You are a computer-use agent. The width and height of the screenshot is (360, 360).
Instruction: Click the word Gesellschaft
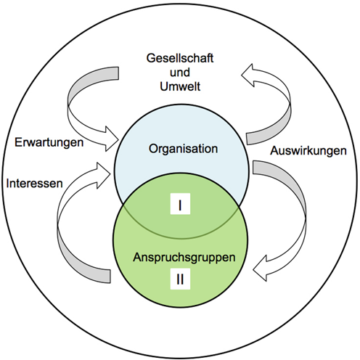180,58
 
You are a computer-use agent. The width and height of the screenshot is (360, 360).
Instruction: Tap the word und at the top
180,73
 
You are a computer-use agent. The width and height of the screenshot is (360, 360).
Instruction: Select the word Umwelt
180,86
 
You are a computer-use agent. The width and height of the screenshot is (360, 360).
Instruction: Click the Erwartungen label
49,142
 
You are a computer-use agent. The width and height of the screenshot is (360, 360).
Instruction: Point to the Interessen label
35,183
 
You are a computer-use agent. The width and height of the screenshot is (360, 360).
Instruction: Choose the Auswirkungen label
308,151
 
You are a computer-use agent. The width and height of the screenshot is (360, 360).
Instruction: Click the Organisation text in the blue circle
183,149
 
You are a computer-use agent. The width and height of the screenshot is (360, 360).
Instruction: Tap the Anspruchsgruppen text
184,258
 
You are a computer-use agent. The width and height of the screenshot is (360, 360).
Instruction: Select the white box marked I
180,204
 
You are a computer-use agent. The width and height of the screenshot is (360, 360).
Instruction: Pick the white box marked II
180,279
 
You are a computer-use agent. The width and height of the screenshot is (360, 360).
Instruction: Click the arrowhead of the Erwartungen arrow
112,139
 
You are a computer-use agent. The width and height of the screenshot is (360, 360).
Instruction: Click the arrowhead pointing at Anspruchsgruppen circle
259,269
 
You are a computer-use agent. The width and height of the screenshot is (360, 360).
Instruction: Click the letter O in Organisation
153,149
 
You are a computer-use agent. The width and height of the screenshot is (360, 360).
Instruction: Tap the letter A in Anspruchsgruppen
137,257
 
